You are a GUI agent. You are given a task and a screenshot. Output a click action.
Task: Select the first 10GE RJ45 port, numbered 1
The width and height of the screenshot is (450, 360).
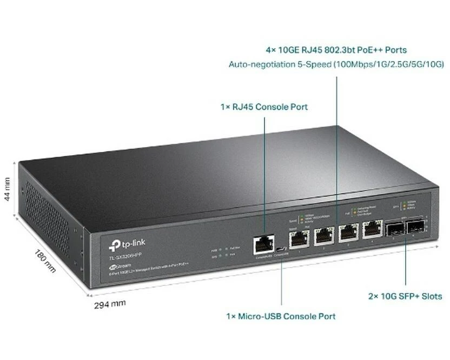pyautogui.click(x=299, y=237)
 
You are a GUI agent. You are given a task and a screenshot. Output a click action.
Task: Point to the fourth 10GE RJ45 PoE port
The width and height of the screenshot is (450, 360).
pyautogui.click(x=371, y=230)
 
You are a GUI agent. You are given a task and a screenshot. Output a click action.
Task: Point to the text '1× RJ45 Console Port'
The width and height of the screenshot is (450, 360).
pyautogui.click(x=264, y=107)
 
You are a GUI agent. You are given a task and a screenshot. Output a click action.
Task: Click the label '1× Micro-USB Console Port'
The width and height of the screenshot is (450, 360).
pyautogui.click(x=281, y=316)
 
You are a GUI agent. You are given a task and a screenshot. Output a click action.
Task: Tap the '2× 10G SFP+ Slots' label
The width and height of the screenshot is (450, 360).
pyautogui.click(x=405, y=296)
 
